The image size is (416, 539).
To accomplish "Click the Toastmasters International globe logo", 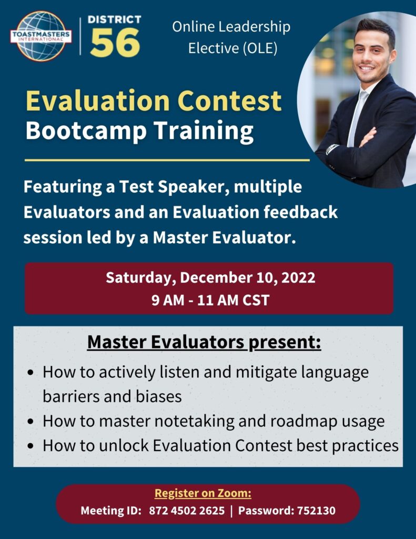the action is click(x=41, y=36).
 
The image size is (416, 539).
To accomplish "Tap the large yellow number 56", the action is click(x=115, y=43).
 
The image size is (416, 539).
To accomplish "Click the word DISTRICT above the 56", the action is click(x=115, y=19).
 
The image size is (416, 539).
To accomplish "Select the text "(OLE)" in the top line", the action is click(x=260, y=48).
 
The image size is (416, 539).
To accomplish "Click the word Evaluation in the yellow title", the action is click(x=98, y=101).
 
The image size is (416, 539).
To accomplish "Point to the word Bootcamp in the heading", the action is click(x=86, y=131).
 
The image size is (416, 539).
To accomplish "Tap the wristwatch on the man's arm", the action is click(x=332, y=148).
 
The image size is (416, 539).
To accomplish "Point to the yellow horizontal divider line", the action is click(x=167, y=160).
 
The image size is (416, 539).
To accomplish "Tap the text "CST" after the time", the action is click(x=256, y=300).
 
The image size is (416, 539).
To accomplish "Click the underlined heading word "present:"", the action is click(x=285, y=343).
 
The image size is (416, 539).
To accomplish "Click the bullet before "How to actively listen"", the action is click(x=31, y=373).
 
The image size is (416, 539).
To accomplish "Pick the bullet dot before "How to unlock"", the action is click(x=31, y=446).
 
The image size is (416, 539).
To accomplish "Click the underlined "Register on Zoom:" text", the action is click(x=202, y=493).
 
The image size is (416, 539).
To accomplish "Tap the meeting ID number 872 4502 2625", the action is click(x=187, y=511).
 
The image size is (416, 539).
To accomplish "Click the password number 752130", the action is click(x=316, y=511).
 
